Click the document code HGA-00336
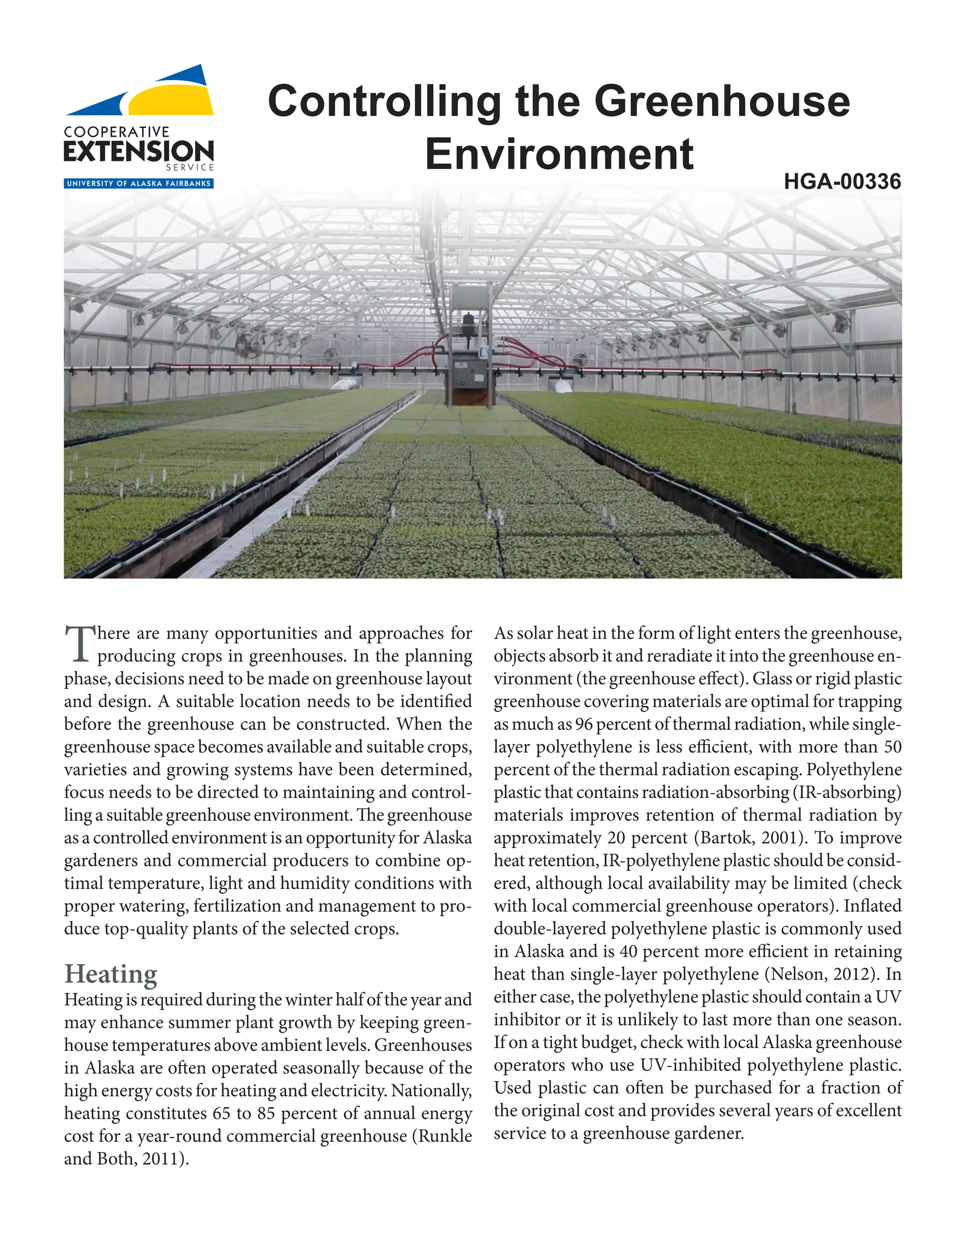pyautogui.click(x=842, y=182)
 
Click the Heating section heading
pyautogui.click(x=110, y=974)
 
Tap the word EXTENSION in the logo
pyautogui.click(x=139, y=152)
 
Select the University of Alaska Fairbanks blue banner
pyautogui.click(x=139, y=183)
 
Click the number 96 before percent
pyautogui.click(x=584, y=725)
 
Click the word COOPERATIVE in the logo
pyautogui.click(x=117, y=132)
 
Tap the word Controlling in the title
pyautogui.click(x=384, y=101)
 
